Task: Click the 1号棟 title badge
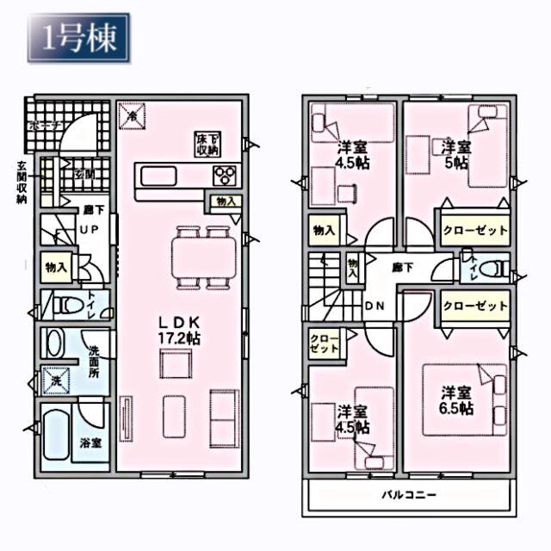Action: pyautogui.click(x=78, y=37)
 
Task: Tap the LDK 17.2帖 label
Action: pyautogui.click(x=178, y=331)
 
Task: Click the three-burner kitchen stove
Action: pyautogui.click(x=226, y=176)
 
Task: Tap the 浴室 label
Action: pyautogui.click(x=91, y=444)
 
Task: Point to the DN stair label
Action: pyautogui.click(x=375, y=306)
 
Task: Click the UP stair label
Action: pyautogui.click(x=90, y=230)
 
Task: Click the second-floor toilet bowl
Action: pyautogui.click(x=492, y=269)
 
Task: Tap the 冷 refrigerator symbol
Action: pyautogui.click(x=133, y=115)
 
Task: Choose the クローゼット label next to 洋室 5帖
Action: pyautogui.click(x=474, y=230)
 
